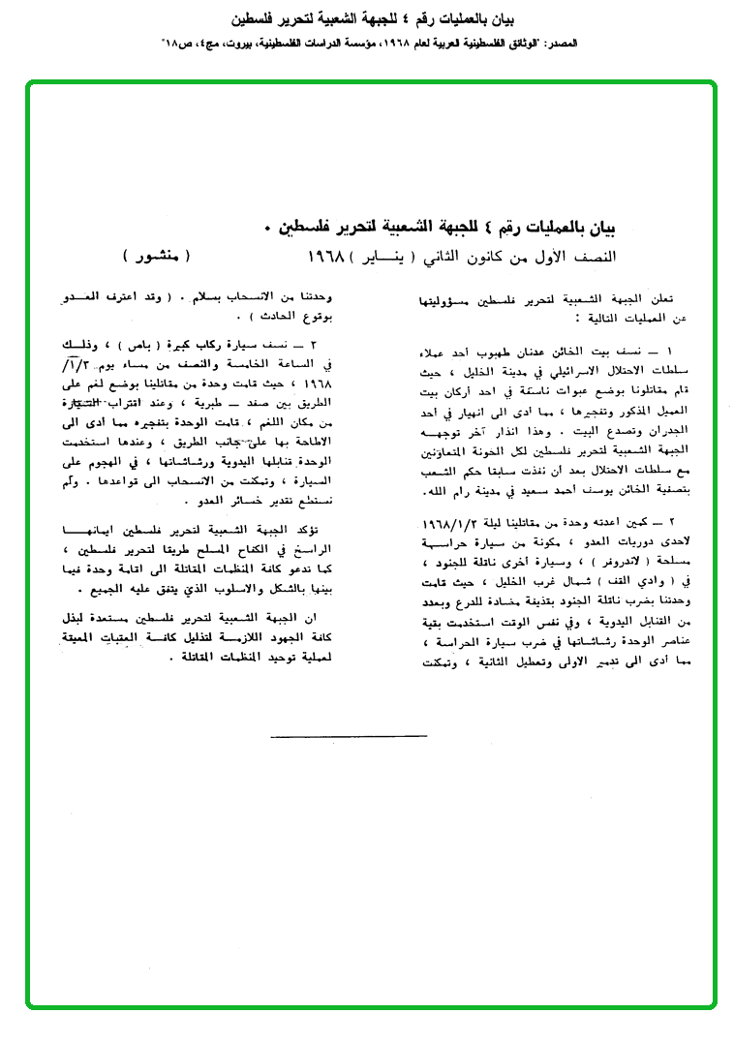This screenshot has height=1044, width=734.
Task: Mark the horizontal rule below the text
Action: point(349,737)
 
